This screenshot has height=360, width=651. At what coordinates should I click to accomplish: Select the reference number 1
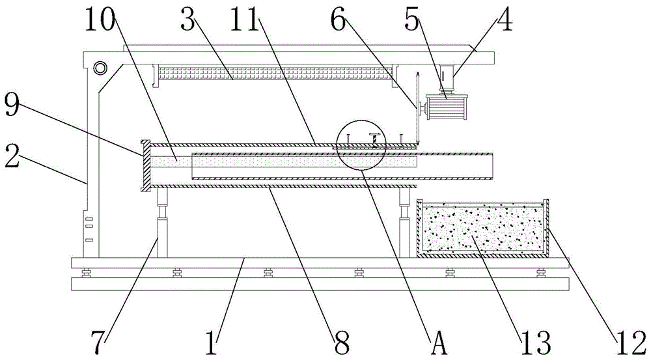(212, 340)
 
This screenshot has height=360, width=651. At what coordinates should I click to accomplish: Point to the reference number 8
(341, 340)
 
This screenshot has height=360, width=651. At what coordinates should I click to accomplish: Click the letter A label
(439, 340)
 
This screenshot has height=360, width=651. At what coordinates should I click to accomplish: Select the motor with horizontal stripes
(446, 106)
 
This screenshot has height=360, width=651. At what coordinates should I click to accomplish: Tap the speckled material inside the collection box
(482, 229)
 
